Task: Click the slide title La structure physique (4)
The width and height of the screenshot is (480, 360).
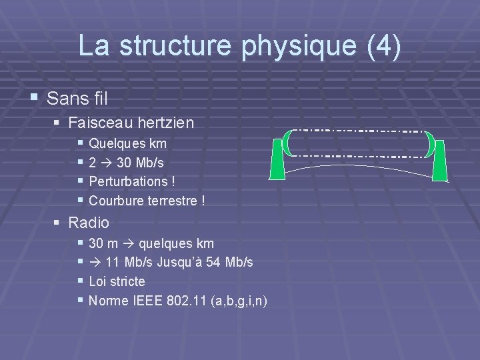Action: point(240,46)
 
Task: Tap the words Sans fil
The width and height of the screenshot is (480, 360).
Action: point(77,99)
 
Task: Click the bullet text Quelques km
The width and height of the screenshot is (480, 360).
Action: point(127,143)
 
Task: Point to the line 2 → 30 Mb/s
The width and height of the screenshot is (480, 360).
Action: point(127,162)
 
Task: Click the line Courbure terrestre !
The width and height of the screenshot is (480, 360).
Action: point(147,200)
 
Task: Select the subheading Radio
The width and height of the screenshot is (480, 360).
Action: point(88,223)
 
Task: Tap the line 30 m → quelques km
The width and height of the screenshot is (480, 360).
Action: point(151,243)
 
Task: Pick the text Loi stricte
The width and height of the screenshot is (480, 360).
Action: point(117,281)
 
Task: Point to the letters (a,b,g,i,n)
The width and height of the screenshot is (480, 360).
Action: point(239,301)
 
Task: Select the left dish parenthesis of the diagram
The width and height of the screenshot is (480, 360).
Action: point(287,142)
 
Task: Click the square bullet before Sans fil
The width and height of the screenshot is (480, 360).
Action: point(34,99)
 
